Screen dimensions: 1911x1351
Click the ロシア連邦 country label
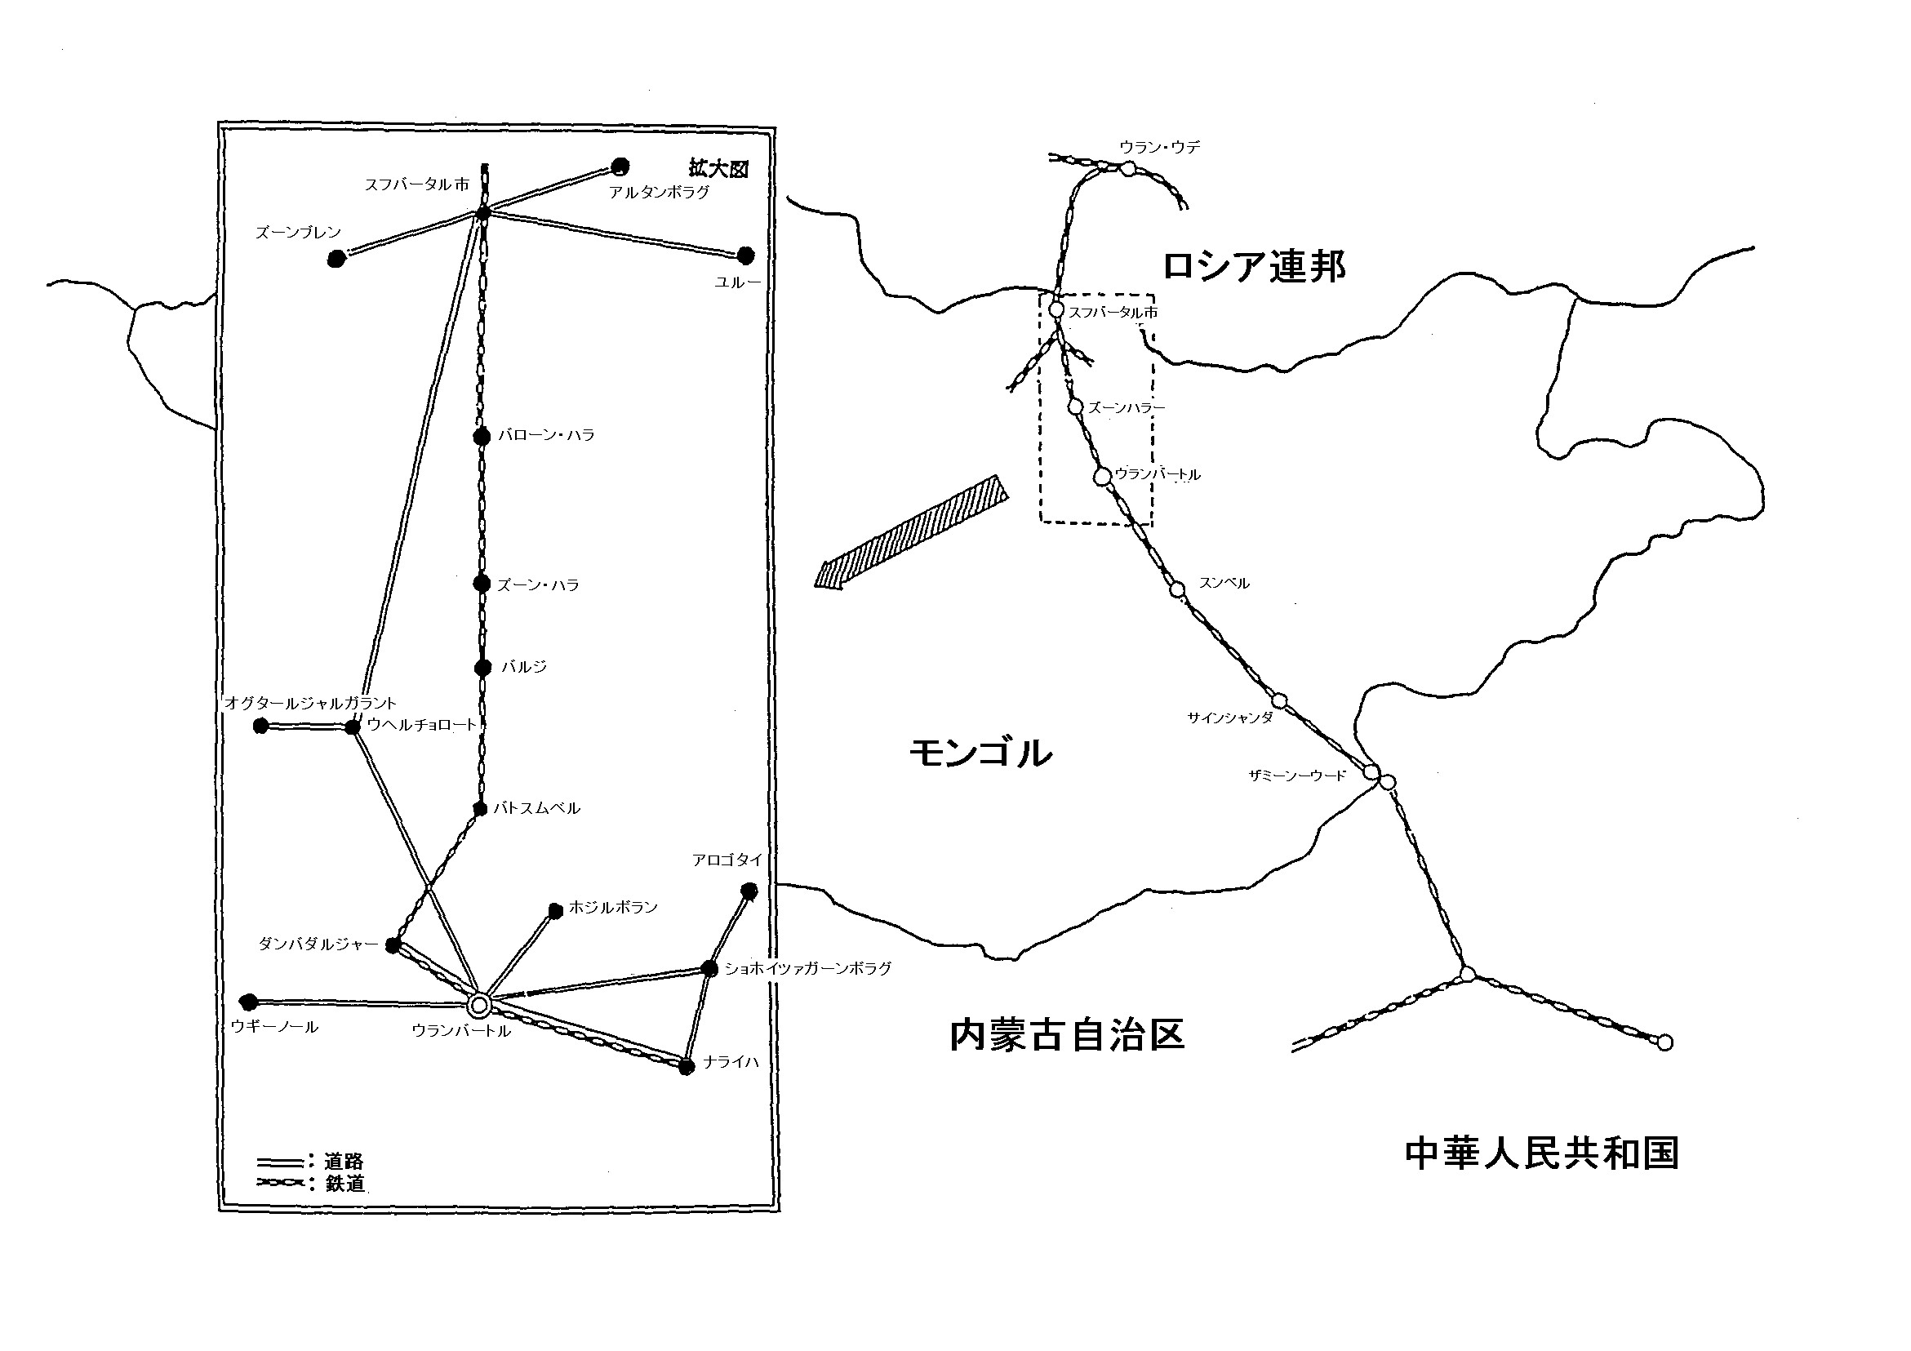pyautogui.click(x=1254, y=266)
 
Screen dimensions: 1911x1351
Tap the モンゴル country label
pyautogui.click(x=980, y=753)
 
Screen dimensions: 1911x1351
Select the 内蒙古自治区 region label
pyautogui.click(x=1067, y=1037)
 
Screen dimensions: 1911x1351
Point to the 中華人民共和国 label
pyautogui.click(x=1541, y=1153)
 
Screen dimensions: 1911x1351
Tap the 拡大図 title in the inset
pyautogui.click(x=718, y=169)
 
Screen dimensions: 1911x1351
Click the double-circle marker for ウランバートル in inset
pyautogui.click(x=478, y=1006)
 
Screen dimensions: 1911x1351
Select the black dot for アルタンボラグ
pyautogui.click(x=620, y=167)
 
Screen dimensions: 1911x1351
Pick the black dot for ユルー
pyautogui.click(x=745, y=255)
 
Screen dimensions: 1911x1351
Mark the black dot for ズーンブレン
pyautogui.click(x=336, y=260)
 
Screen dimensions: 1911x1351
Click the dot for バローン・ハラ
pyautogui.click(x=481, y=436)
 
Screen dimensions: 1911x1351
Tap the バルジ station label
pyautogui.click(x=523, y=667)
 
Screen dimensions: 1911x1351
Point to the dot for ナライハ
pyautogui.click(x=686, y=1067)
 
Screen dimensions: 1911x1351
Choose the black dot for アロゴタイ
pyautogui.click(x=749, y=891)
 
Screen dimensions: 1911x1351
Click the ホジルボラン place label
pyautogui.click(x=613, y=907)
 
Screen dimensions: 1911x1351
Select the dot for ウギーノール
pyautogui.click(x=248, y=1002)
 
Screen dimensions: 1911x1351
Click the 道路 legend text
pyautogui.click(x=344, y=1162)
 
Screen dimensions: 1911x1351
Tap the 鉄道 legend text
pyautogui.click(x=344, y=1183)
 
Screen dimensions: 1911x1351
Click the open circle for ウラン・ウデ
pyautogui.click(x=1127, y=169)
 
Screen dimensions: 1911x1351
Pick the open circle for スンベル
pyautogui.click(x=1177, y=589)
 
